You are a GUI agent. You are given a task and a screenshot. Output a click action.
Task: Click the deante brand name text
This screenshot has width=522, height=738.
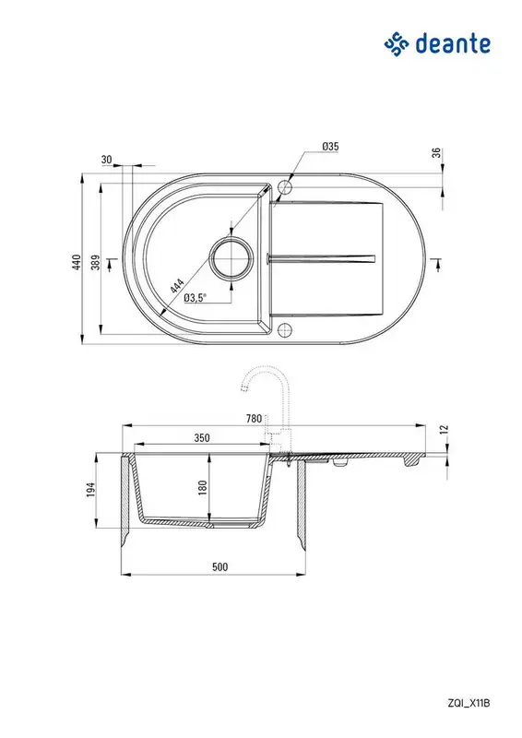click(453, 43)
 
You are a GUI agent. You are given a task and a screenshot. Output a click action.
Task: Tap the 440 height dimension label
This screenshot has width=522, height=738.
click(77, 262)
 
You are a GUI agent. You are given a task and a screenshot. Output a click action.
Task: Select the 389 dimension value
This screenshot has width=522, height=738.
click(96, 262)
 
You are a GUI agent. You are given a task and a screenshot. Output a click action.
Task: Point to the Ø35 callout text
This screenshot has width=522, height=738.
click(330, 147)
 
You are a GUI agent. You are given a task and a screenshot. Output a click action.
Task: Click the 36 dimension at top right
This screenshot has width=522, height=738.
click(437, 153)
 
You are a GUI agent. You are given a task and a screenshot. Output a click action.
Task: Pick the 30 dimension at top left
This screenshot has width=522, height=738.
click(107, 160)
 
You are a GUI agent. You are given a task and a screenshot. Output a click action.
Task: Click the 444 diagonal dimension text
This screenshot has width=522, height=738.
click(176, 287)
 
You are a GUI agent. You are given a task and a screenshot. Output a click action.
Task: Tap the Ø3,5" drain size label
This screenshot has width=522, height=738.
click(196, 298)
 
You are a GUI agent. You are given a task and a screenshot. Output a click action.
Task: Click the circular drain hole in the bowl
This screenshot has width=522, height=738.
click(231, 258)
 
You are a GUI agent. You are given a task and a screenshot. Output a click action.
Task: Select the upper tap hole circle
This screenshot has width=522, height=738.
click(285, 187)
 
